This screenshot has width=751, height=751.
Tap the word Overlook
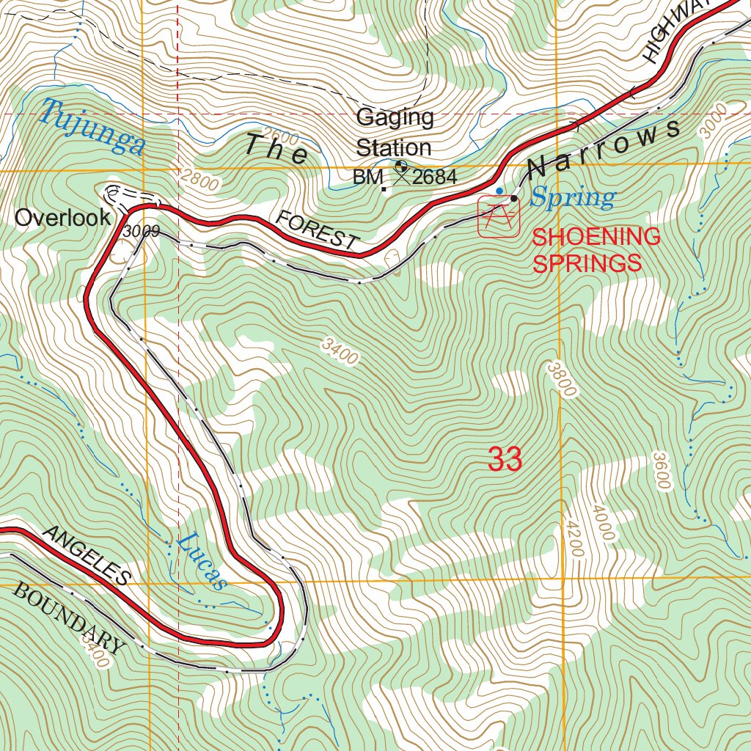[63, 217]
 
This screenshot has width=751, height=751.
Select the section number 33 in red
[505, 460]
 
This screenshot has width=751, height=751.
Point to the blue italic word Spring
[573, 197]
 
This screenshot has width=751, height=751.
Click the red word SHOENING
[596, 237]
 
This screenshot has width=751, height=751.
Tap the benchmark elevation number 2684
[434, 177]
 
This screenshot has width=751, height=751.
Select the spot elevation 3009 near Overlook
[142, 232]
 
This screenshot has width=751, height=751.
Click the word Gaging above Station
[395, 117]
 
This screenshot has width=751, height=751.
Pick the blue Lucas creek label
[200, 561]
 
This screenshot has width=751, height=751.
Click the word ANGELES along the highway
[87, 556]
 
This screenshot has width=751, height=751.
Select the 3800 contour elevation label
[560, 379]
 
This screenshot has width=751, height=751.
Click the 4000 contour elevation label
[601, 523]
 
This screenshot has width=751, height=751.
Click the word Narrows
[604, 147]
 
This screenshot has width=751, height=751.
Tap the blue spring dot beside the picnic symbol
[499, 191]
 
